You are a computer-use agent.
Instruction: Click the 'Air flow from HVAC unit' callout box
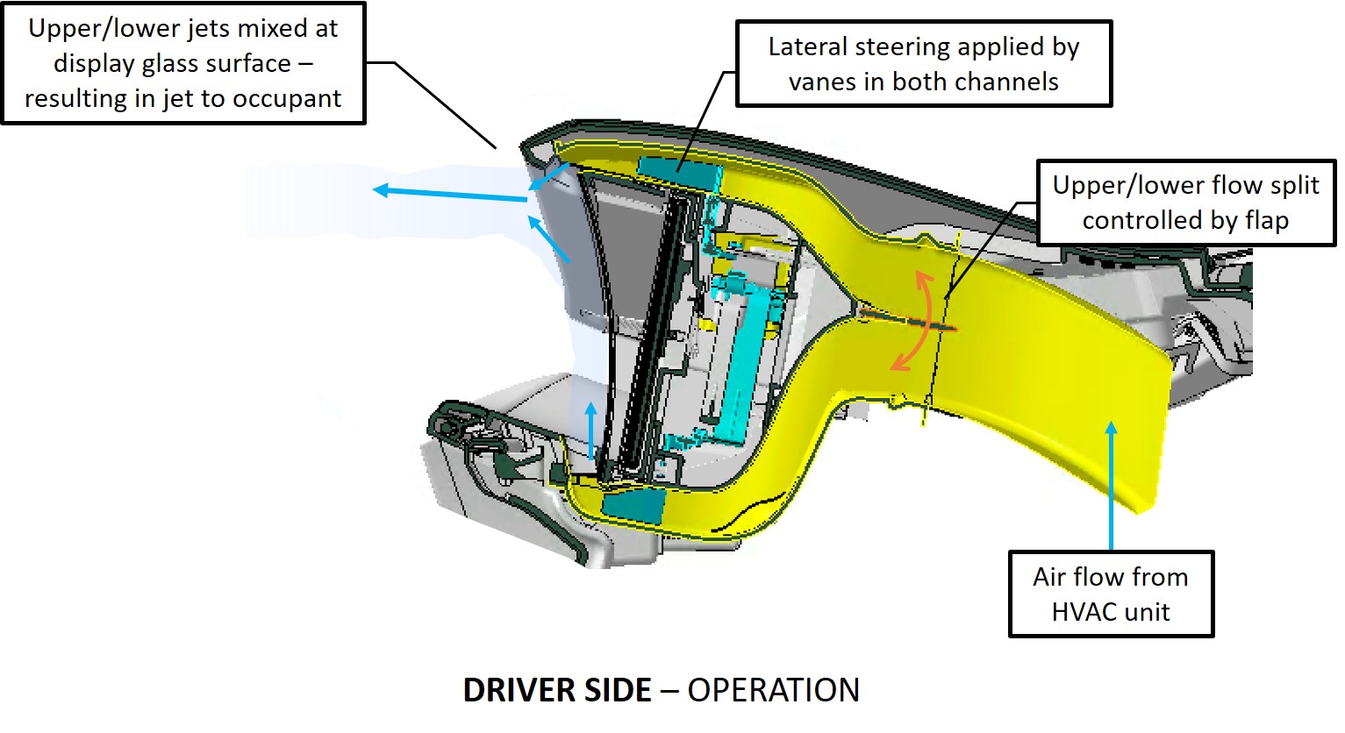[x=1111, y=594]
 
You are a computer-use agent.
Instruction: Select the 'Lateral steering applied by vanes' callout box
[x=923, y=64]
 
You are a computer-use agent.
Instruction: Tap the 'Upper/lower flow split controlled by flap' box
[x=1185, y=203]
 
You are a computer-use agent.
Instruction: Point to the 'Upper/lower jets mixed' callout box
[x=182, y=63]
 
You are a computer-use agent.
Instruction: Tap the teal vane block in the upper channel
[x=676, y=172]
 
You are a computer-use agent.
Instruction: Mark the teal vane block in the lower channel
[x=633, y=505]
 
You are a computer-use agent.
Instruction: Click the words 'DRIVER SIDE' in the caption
[x=557, y=691]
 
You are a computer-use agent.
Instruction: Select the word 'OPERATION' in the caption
[x=773, y=691]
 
